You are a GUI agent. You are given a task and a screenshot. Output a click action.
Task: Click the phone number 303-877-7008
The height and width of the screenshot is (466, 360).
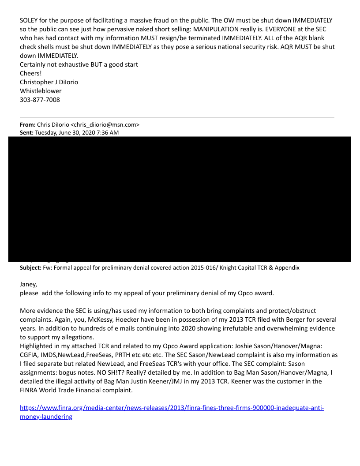(40, 100)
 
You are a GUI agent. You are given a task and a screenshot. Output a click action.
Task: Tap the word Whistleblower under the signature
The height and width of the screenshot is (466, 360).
(41, 91)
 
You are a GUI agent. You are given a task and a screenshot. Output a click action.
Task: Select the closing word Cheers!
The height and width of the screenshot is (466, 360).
(30, 73)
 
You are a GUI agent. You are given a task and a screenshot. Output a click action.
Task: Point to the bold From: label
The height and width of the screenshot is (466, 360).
(27, 125)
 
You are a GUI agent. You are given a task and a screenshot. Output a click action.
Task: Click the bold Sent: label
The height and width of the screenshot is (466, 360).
(27, 132)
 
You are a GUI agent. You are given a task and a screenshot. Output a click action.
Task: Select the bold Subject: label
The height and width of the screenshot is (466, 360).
(31, 268)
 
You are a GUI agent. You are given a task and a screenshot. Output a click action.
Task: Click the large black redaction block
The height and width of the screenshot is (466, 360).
(185, 199)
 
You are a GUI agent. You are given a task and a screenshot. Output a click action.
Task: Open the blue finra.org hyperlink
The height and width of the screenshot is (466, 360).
(172, 408)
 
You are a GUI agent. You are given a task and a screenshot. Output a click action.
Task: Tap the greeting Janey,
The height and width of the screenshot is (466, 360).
(29, 285)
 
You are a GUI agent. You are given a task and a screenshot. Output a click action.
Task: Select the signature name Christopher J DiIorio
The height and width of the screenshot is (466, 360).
(49, 82)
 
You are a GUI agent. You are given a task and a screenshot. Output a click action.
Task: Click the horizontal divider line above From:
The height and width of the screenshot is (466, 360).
(176, 117)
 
